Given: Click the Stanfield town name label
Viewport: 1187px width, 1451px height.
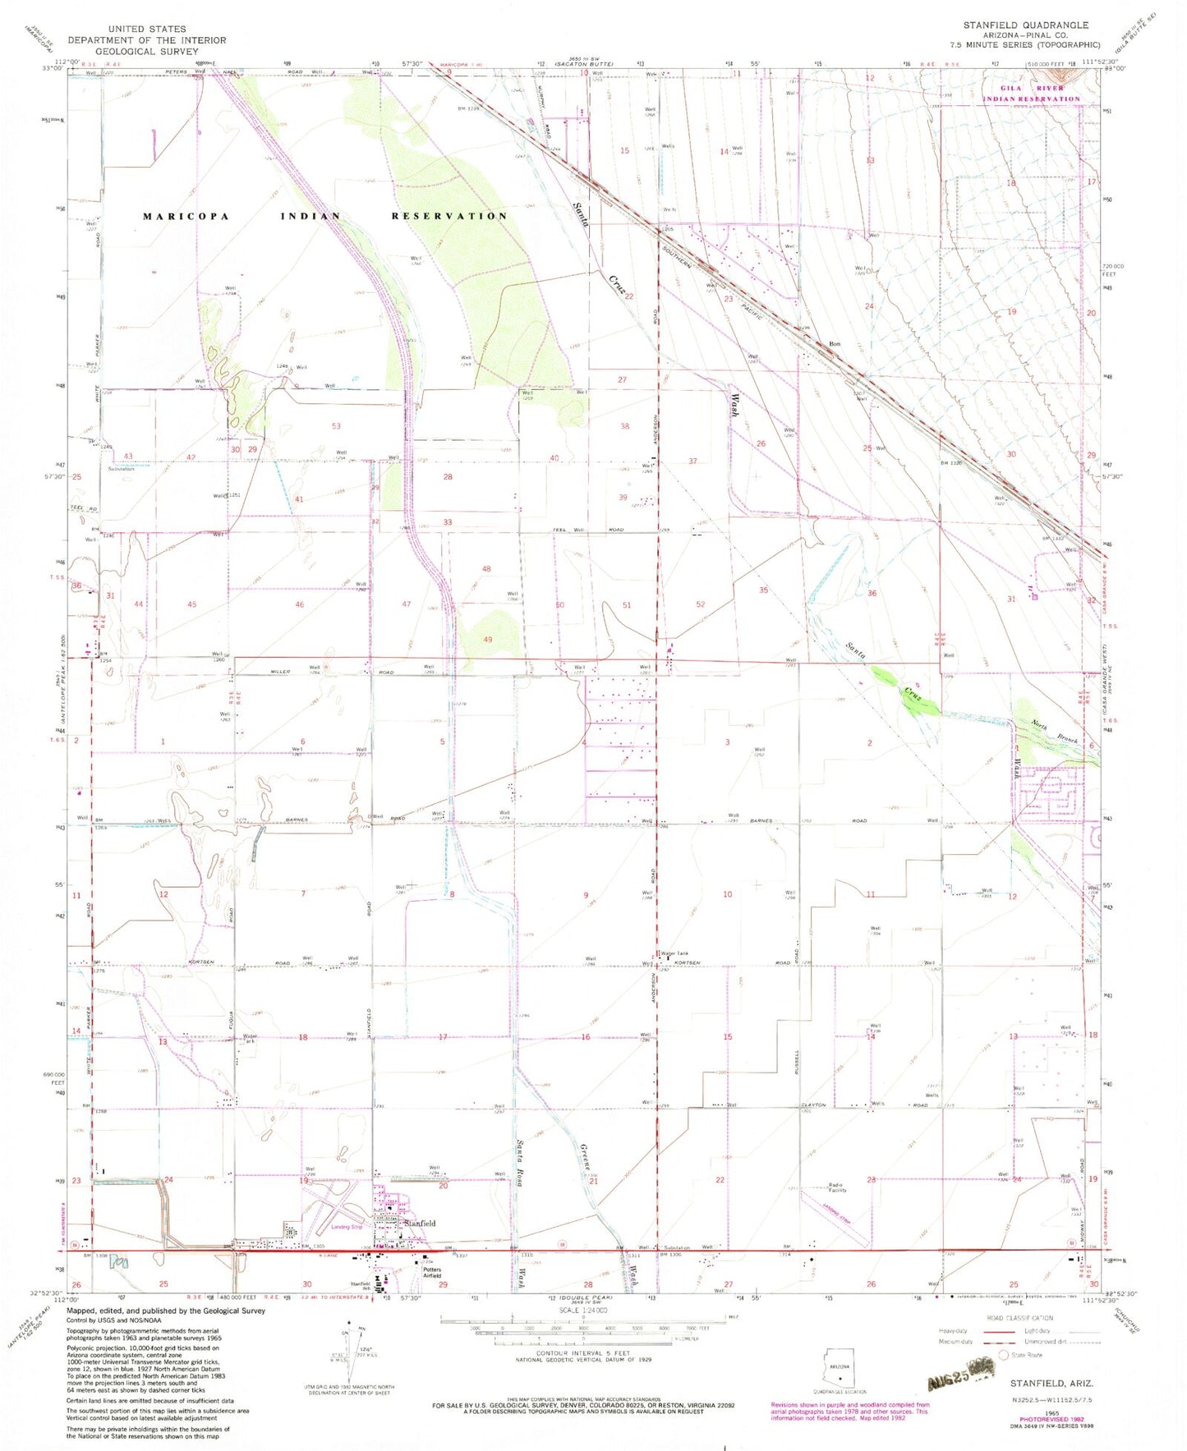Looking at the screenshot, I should [x=420, y=1224].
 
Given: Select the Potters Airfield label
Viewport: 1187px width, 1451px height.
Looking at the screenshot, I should [x=432, y=1273].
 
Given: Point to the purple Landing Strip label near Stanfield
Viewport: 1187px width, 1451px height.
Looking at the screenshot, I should [x=346, y=1228].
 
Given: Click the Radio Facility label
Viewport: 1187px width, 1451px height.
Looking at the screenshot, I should [x=836, y=1187].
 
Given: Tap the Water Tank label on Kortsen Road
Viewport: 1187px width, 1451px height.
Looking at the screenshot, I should [x=673, y=954].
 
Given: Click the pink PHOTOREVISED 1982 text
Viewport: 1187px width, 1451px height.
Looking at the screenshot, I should [x=1038, y=1418].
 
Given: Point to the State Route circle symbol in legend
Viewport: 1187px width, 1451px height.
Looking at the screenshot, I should [x=1003, y=1355].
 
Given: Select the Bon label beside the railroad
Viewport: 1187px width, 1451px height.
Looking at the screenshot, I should [x=835, y=344].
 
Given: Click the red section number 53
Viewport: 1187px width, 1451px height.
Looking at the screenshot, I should [x=336, y=426].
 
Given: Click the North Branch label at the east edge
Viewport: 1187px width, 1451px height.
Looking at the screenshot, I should [x=1050, y=727].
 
